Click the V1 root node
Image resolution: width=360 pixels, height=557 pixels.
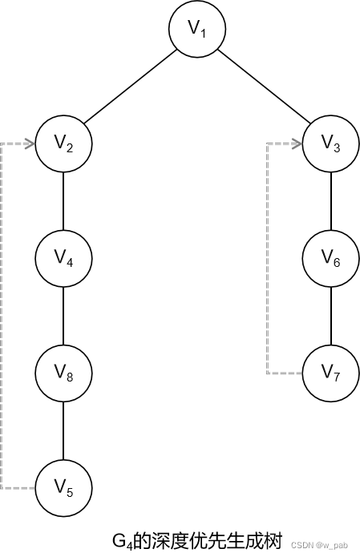197,28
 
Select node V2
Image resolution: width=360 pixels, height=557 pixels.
63,143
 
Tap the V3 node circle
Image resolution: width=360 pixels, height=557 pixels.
331,143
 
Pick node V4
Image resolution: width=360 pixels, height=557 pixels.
63,258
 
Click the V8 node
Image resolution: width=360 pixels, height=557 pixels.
63,373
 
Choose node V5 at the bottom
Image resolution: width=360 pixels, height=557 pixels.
63,488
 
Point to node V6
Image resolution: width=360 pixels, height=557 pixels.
331,258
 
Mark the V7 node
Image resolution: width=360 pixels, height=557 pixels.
331,373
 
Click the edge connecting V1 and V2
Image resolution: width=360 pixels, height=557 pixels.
131,87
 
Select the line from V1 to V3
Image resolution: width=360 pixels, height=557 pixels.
264,87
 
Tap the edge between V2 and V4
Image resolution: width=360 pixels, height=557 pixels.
63,200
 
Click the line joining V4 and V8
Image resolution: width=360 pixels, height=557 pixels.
63,316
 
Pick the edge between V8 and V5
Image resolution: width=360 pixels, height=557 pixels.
63,430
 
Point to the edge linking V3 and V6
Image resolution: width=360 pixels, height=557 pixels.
331,200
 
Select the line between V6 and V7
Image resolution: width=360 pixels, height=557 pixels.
331,316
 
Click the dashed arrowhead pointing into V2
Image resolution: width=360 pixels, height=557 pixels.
30,144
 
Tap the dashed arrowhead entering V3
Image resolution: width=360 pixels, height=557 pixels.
297,144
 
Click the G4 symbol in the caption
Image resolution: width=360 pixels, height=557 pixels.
123,542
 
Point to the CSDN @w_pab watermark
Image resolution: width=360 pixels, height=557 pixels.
319,545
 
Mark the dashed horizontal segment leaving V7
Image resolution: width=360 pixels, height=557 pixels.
285,373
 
